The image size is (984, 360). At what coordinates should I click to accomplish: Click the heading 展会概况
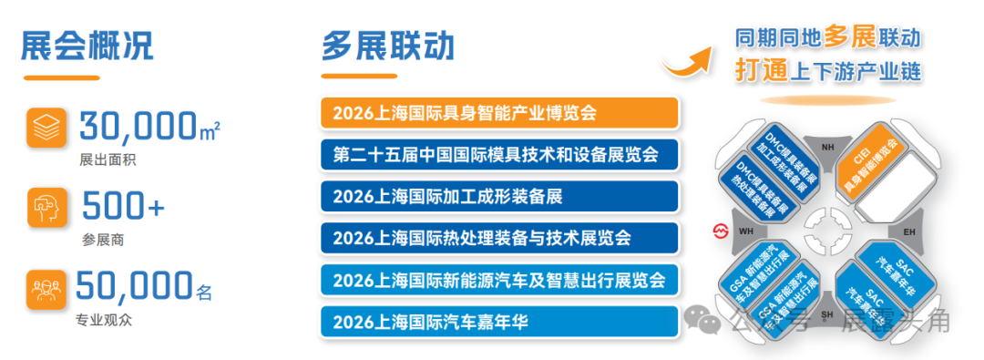pyautogui.click(x=87, y=46)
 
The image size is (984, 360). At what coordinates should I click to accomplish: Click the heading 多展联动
pyautogui.click(x=387, y=46)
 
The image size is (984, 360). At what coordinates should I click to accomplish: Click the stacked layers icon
pyautogui.click(x=46, y=129)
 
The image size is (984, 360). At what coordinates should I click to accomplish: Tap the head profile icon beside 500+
pyautogui.click(x=46, y=207)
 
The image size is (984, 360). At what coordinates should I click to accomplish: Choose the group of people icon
pyautogui.click(x=46, y=288)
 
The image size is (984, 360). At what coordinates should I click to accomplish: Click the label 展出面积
pyautogui.click(x=102, y=160)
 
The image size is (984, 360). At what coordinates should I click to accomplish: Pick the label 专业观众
pyautogui.click(x=102, y=321)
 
